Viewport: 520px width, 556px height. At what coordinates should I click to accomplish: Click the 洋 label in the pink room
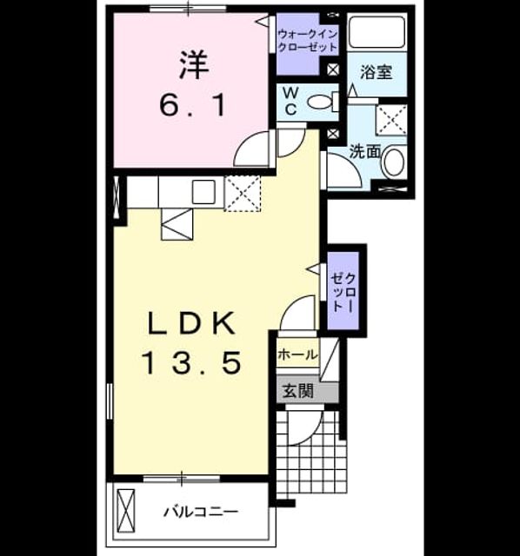[193, 65]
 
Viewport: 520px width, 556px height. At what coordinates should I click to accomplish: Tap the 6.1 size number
[193, 106]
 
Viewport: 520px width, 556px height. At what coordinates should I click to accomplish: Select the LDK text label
[191, 322]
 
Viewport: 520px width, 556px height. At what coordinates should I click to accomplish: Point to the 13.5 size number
[191, 363]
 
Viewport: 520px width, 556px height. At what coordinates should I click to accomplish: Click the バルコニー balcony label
[201, 512]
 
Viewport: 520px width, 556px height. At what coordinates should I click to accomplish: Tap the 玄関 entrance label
[298, 392]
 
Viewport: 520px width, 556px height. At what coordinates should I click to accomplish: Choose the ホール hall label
[297, 354]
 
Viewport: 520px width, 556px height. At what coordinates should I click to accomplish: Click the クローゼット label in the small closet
[343, 293]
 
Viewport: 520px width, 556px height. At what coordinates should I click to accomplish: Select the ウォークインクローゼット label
[307, 41]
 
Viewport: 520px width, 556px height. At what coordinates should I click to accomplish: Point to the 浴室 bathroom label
[377, 72]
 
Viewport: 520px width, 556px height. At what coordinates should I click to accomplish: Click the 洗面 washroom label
[365, 152]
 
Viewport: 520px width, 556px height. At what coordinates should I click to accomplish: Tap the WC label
[290, 102]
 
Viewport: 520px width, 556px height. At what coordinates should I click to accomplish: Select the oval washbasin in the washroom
[394, 162]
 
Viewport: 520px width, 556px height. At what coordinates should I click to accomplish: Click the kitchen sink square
[203, 192]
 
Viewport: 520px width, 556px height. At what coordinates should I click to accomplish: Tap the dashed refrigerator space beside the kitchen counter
[243, 194]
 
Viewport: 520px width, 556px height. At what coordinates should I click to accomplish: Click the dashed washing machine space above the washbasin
[391, 120]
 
